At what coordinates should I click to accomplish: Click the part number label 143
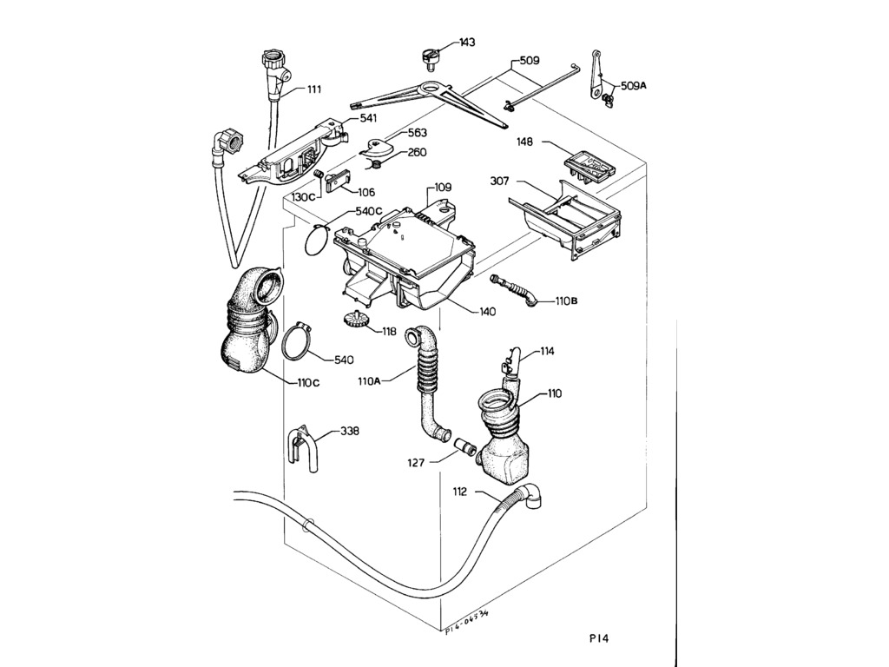pyautogui.click(x=467, y=43)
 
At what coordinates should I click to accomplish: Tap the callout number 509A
pyautogui.click(x=634, y=86)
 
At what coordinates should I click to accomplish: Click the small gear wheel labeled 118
pyautogui.click(x=354, y=319)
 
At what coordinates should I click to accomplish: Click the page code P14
pyautogui.click(x=598, y=638)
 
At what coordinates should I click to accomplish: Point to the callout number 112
pyautogui.click(x=460, y=492)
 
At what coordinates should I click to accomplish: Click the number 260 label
pyautogui.click(x=417, y=153)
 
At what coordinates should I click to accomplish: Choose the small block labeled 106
pyautogui.click(x=337, y=182)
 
